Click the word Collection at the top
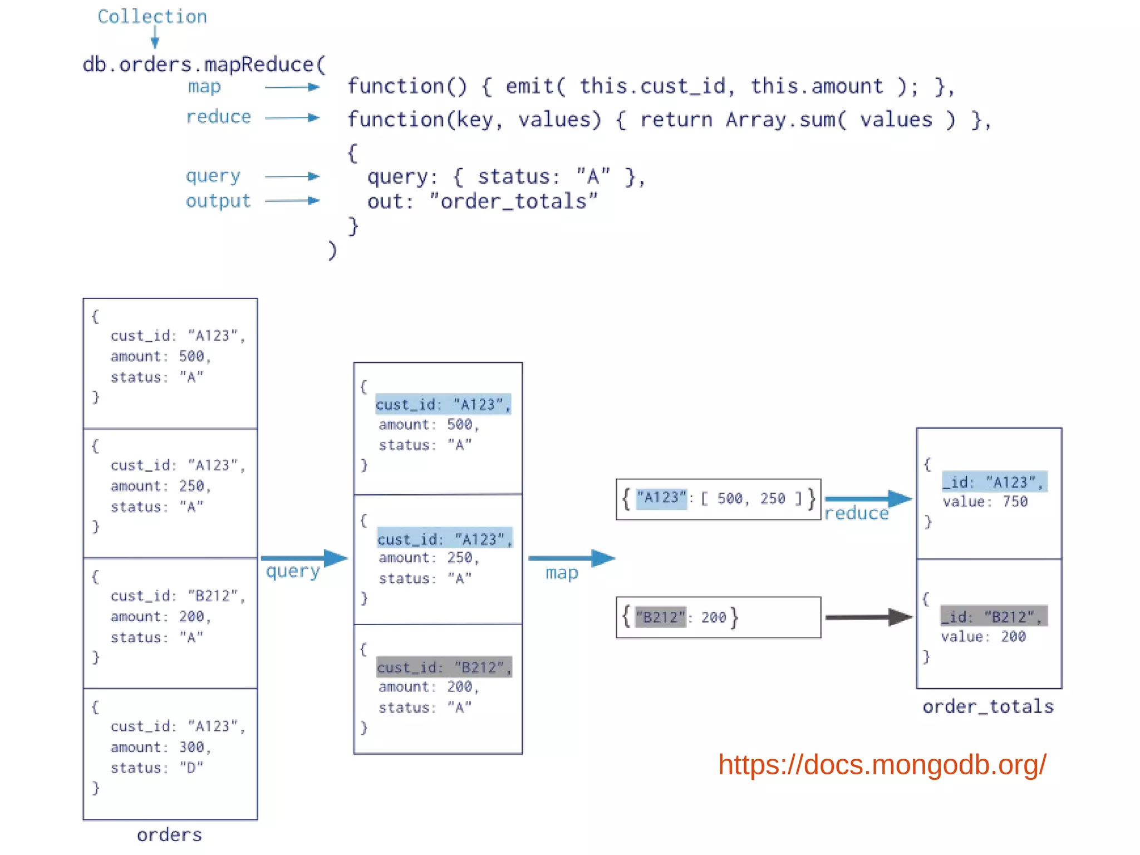click(x=152, y=17)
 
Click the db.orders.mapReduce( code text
click(x=204, y=65)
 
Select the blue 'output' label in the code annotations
click(x=218, y=201)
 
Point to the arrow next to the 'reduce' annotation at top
click(x=292, y=117)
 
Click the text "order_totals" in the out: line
click(x=513, y=202)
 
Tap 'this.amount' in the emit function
click(x=816, y=86)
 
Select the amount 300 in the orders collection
click(x=191, y=747)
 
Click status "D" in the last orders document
click(x=191, y=768)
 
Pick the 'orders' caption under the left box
click(x=169, y=834)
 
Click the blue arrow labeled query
click(x=304, y=558)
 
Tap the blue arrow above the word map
click(x=571, y=558)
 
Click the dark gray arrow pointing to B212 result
click(x=868, y=617)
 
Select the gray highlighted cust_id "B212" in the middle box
click(x=444, y=667)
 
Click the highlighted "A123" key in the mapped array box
click(x=661, y=497)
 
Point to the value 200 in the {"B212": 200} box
click(x=714, y=617)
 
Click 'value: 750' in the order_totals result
click(x=985, y=502)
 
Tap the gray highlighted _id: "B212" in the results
click(x=994, y=616)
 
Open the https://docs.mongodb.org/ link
click(x=882, y=764)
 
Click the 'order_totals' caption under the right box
click(x=988, y=706)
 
